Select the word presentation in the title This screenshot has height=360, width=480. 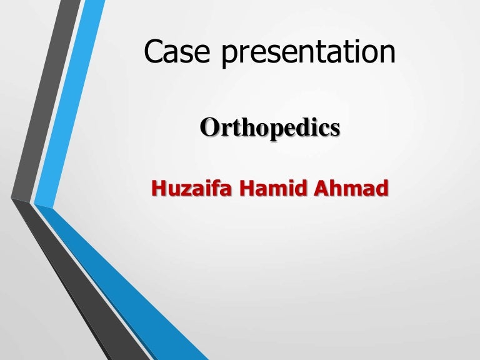[308, 54]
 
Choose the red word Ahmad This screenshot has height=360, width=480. [351, 187]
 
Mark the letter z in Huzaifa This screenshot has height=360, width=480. [184, 189]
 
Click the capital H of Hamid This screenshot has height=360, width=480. [249, 187]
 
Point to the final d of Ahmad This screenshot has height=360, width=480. [380, 187]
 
